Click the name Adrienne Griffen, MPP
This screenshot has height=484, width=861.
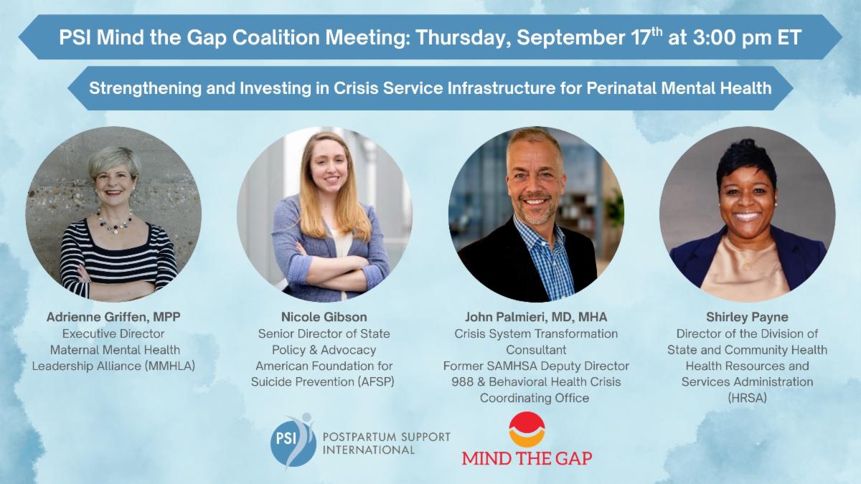[x=113, y=317]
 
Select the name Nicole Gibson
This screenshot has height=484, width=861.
[x=324, y=317]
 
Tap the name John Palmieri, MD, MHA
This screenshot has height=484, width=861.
[x=536, y=317]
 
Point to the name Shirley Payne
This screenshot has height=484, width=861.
[x=747, y=317]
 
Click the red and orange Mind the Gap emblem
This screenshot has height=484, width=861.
[x=527, y=430]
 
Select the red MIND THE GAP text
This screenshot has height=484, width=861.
[x=527, y=458]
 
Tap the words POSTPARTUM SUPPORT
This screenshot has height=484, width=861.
[x=386, y=437]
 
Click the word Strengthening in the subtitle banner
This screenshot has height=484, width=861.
[x=145, y=88]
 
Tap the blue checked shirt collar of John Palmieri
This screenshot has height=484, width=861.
[x=538, y=235]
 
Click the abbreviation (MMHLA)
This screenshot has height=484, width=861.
[x=169, y=366]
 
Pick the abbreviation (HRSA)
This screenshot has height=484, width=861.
[x=747, y=398]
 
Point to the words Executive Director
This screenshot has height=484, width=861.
[x=113, y=333]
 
